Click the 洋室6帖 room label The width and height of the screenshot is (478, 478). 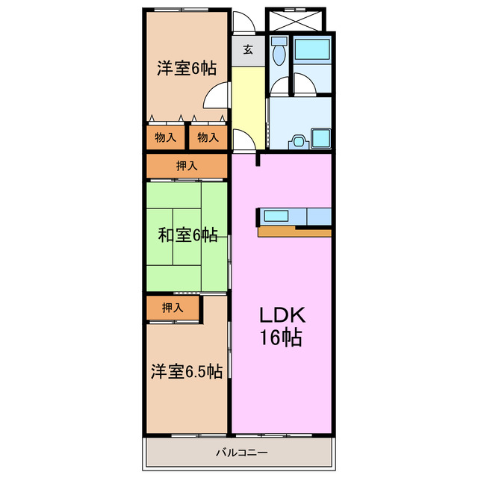[187, 69]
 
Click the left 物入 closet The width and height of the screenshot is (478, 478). [165, 137]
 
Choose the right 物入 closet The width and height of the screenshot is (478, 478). [208, 137]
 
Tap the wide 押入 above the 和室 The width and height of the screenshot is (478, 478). [187, 166]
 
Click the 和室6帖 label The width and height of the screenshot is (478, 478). [187, 236]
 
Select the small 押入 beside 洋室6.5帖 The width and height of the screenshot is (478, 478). [173, 307]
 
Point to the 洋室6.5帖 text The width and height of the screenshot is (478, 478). [187, 372]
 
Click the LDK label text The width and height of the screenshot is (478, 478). [281, 314]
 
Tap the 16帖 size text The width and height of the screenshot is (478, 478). [281, 338]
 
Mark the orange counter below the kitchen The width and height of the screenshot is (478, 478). [294, 232]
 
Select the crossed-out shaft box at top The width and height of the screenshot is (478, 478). [296, 20]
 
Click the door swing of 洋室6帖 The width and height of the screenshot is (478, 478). [217, 96]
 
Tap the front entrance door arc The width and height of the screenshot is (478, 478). [243, 22]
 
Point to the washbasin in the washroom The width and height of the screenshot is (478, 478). [298, 140]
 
